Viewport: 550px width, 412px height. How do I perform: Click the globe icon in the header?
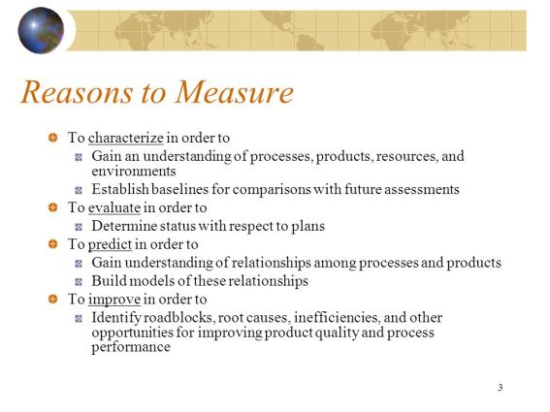tap(40, 30)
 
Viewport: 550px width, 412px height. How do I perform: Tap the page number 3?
tap(500, 388)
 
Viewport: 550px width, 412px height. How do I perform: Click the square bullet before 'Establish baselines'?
tap(80, 190)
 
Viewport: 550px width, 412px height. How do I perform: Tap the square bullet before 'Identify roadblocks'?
tap(80, 318)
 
